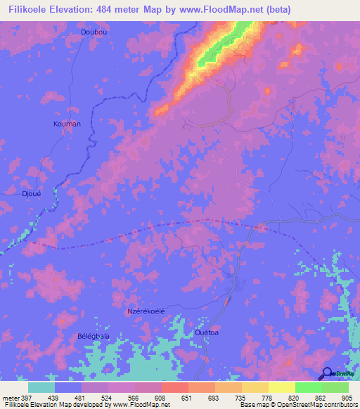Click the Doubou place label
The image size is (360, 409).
pos(94,32)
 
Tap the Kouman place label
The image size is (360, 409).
pos(67,124)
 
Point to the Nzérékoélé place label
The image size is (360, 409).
pos(145,311)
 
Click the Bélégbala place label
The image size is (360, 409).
pos(93,337)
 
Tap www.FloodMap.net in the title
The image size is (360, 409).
pos(216,9)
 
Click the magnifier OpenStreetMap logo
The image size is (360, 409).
pos(326,374)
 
